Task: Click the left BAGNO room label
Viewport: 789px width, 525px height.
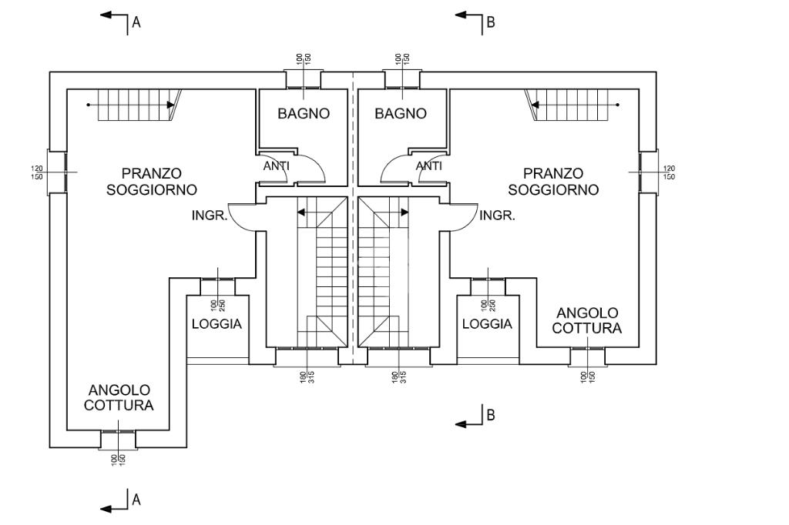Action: [x=304, y=114]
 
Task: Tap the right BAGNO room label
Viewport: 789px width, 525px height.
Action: [x=401, y=114]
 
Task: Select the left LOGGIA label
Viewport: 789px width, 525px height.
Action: [x=217, y=324]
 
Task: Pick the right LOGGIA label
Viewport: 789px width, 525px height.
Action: [x=487, y=324]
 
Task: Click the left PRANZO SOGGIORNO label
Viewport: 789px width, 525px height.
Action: [x=152, y=182]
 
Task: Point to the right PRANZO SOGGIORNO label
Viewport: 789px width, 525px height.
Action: [x=553, y=182]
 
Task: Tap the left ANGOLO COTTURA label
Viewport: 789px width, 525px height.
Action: [x=119, y=398]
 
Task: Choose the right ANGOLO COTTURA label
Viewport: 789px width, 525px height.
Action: [x=587, y=320]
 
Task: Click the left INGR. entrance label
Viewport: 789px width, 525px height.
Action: [x=210, y=216]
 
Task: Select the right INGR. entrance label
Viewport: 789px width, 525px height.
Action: [x=497, y=216]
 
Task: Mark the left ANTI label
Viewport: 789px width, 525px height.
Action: [x=277, y=166]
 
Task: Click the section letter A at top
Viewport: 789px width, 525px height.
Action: [x=136, y=22]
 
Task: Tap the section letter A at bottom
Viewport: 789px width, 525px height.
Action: [x=136, y=500]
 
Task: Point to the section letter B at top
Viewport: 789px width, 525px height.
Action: [x=490, y=22]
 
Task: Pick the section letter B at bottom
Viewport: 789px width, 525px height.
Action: [x=490, y=416]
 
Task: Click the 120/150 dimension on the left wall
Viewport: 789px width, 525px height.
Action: [x=36, y=172]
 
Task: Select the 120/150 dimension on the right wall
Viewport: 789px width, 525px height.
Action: [x=668, y=172]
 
